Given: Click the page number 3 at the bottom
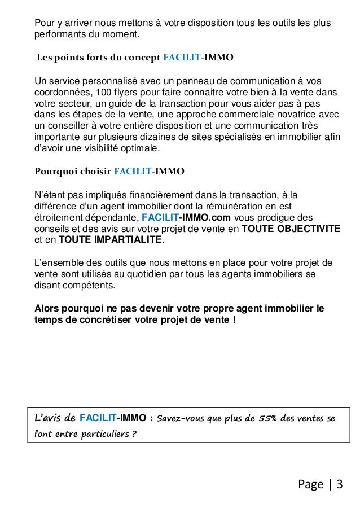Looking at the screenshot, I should tap(340, 484).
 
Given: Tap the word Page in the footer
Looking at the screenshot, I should tap(309, 484).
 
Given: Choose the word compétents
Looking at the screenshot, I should tap(87, 285).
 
